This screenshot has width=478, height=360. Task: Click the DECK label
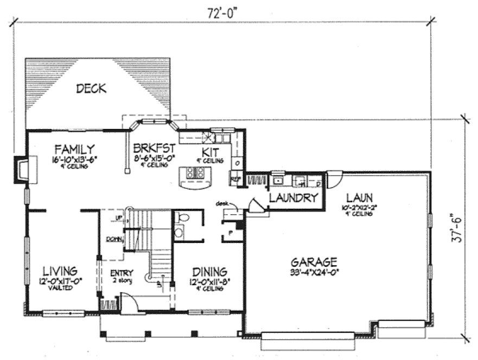coord(91,88)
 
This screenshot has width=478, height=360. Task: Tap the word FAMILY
coord(75,149)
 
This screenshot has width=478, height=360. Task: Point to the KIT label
coord(210,151)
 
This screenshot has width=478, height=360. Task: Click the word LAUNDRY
coord(293,198)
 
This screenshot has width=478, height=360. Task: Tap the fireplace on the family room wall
coord(23,169)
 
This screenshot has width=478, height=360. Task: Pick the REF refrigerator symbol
coord(236,178)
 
